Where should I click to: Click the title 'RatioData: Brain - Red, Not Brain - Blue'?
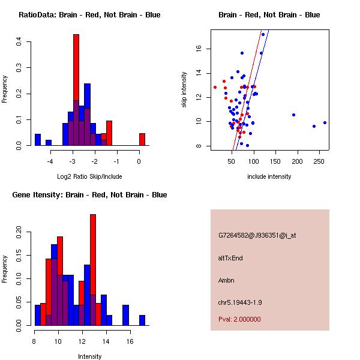89,15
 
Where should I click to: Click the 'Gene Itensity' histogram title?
89,195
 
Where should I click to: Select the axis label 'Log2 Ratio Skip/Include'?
89,176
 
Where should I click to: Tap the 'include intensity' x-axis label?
269,176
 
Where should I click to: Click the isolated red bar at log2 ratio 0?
142,139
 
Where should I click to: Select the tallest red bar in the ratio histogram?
76,90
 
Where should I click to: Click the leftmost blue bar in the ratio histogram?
38,140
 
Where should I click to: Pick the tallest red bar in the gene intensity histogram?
93,269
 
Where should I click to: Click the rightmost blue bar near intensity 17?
142,320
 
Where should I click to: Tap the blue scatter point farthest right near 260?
325,122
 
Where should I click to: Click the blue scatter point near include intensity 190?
293,115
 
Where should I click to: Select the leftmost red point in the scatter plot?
215,87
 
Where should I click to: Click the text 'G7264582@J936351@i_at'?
257,235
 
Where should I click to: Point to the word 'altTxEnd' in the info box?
230,258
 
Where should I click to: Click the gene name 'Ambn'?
227,280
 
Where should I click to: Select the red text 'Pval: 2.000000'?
239,319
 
